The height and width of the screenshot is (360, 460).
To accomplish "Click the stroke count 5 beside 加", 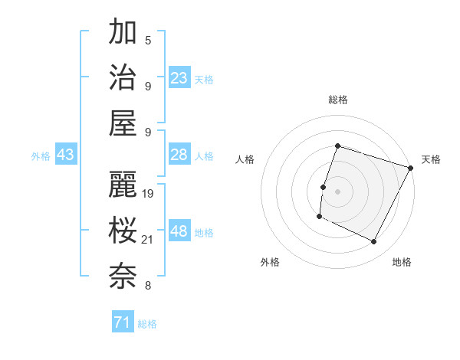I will (147, 40).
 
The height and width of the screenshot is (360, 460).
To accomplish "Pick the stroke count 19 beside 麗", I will (149, 194).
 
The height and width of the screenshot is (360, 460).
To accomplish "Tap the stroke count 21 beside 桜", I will (149, 240).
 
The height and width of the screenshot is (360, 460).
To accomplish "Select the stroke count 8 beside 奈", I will (147, 286).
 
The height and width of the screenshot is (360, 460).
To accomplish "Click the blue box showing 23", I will (179, 77).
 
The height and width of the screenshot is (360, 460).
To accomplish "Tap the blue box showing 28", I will (179, 155).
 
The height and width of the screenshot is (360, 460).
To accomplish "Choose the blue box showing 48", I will (179, 231).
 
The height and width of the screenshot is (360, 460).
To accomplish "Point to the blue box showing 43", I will (66, 155).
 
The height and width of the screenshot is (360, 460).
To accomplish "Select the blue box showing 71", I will (123, 322).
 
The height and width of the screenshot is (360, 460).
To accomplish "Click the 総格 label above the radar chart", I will (337, 100).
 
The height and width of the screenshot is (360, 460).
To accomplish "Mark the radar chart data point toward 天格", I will (411, 168).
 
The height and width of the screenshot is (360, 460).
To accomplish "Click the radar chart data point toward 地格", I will (374, 242).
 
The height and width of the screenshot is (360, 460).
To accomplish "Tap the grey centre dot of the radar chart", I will (337, 191).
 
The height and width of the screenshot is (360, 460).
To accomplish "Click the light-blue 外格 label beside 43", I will (41, 155).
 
